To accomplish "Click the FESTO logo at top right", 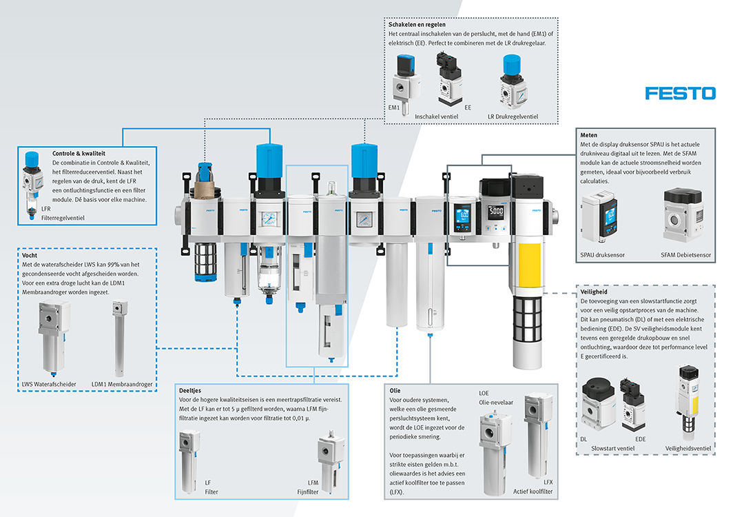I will pyautogui.click(x=680, y=92).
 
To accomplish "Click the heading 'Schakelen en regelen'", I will pyautogui.click(x=417, y=24).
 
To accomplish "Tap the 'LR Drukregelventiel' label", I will pyautogui.click(x=513, y=116).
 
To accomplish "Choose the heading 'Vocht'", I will pyautogui.click(x=30, y=254).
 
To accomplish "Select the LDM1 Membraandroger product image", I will pyautogui.click(x=120, y=338).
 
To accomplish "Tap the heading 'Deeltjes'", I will pyautogui.click(x=192, y=390).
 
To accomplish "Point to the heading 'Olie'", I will pyautogui.click(x=395, y=389).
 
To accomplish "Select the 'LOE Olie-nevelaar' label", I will pyautogui.click(x=494, y=398).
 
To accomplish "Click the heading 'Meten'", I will pyautogui.click(x=588, y=135).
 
